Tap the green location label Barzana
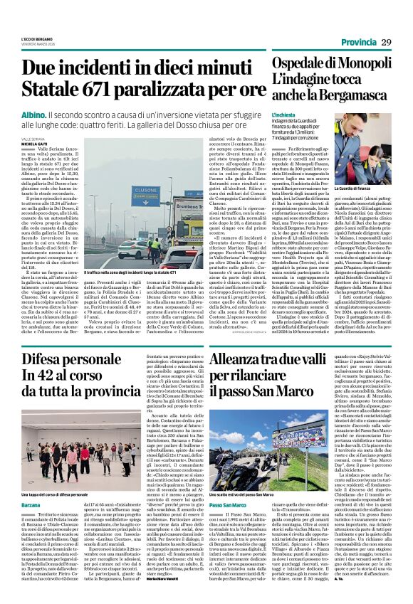31,503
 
